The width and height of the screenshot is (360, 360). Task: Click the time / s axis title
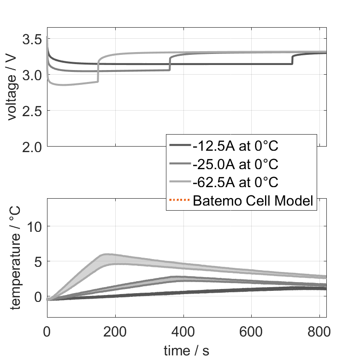click(186, 351)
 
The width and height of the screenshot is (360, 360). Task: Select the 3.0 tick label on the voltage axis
click(32, 75)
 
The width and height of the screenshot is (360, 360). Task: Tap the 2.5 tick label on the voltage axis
click(32, 111)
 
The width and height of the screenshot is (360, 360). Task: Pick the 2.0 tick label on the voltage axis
click(32, 147)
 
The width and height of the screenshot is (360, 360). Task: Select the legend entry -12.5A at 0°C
click(236, 146)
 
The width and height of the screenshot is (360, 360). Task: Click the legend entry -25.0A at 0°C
click(236, 164)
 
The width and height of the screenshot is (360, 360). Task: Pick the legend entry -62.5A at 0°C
click(236, 183)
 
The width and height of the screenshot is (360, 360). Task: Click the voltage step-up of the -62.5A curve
click(98, 69)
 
